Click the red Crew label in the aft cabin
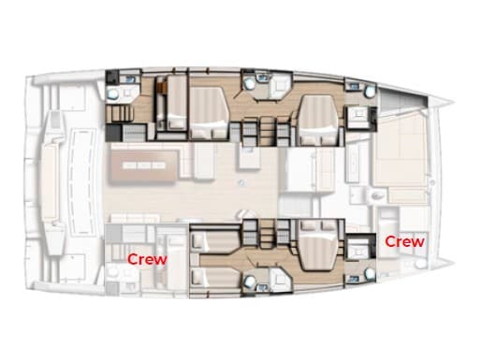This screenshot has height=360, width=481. [x=147, y=259]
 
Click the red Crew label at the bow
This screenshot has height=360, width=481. [x=405, y=241]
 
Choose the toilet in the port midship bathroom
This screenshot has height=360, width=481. [x=252, y=84]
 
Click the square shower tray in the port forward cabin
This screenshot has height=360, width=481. [x=357, y=116]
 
